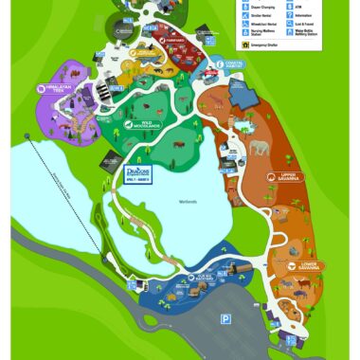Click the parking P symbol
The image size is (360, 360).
click(225, 320)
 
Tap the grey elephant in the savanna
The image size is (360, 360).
click(260, 148)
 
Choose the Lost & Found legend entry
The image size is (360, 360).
click(292, 25)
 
